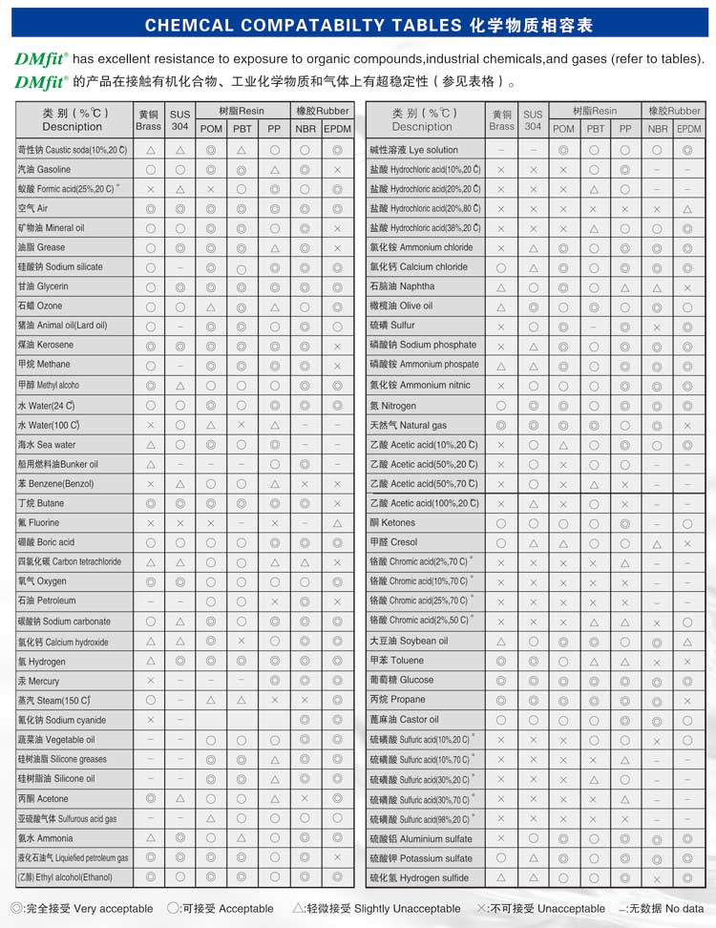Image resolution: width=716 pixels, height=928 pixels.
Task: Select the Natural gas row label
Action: (x=414, y=426)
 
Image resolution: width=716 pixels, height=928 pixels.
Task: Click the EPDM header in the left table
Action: (x=337, y=129)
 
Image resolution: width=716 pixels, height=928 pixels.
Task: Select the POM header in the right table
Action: (x=563, y=129)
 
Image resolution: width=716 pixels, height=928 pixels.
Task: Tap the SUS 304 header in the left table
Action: (x=179, y=120)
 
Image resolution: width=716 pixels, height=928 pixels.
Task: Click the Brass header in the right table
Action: (x=501, y=120)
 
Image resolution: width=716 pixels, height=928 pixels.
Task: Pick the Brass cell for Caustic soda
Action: (x=150, y=150)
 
